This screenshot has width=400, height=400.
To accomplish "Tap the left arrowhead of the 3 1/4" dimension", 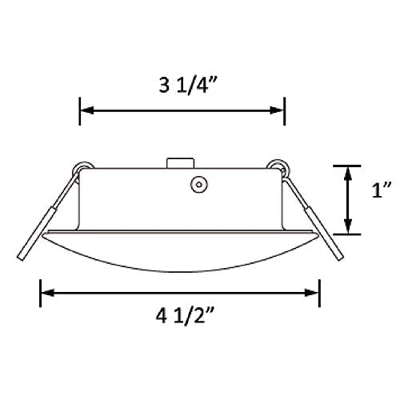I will coord(86,110).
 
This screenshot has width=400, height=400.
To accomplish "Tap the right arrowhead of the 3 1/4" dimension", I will coord(279,110).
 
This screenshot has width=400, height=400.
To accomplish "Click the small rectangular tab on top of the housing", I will coord(176,162).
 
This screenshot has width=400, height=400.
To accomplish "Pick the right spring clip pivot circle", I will coord(279,168).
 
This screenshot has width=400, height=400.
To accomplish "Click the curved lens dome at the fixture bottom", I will coord(181,256).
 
